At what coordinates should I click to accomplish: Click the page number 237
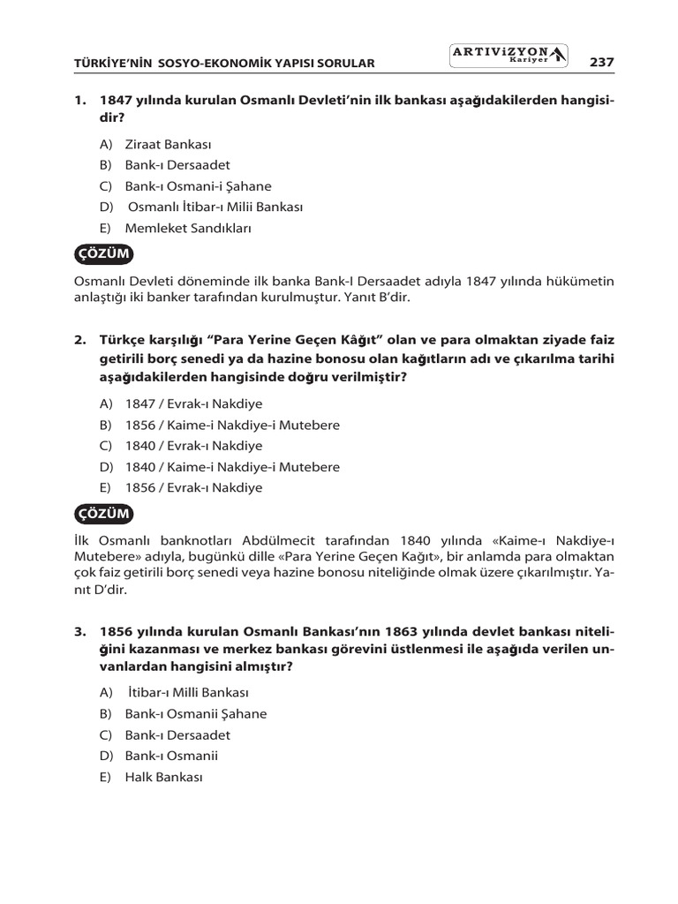coord(600,62)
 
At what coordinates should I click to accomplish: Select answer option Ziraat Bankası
coord(168,144)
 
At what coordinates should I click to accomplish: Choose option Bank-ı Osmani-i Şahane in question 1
coord(198,186)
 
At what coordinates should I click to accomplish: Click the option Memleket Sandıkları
coord(188,229)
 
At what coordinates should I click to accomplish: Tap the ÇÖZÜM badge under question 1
coord(105,254)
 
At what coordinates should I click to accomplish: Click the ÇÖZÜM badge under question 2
coord(105,513)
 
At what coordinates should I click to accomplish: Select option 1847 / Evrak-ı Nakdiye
coord(193,403)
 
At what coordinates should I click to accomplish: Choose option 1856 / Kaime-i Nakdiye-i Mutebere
coord(231,425)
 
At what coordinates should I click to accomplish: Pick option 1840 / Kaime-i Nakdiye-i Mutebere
coord(231,467)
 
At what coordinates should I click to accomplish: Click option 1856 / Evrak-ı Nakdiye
coord(193,487)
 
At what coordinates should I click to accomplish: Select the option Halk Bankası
coord(164,777)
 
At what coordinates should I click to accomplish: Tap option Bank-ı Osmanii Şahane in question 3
coord(195,713)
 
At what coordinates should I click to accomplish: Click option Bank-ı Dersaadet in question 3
coord(177,734)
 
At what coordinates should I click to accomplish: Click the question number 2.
coord(79,340)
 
